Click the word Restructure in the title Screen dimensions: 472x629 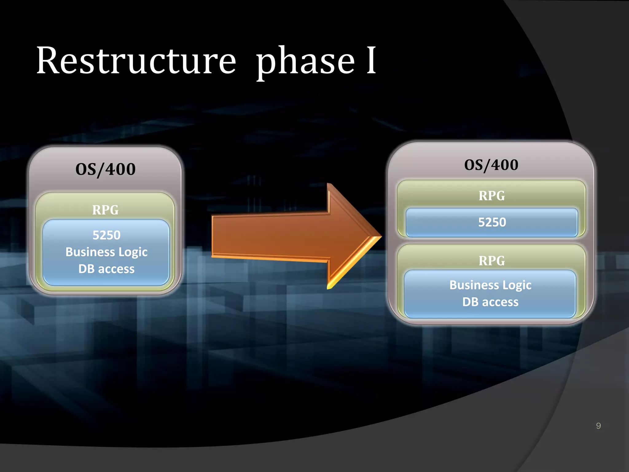coord(136,61)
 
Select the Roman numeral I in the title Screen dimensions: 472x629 coord(371,61)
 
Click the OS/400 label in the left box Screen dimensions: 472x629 coord(105,169)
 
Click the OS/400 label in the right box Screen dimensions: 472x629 coord(491,165)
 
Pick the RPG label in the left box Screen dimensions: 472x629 coord(105,210)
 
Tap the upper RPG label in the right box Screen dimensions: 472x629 coord(491,196)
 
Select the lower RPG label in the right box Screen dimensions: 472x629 coord(491,261)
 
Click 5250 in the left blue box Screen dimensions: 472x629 coord(106,235)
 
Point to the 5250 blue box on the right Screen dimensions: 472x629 coord(492,222)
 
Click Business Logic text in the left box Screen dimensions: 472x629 coord(106,252)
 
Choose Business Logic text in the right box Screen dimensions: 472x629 coord(490,285)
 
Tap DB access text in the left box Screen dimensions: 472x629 coord(106,269)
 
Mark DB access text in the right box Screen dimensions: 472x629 coord(490,302)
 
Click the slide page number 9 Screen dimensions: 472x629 coord(598,426)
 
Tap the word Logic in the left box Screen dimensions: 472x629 coord(133,252)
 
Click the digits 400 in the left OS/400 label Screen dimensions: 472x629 coord(120,169)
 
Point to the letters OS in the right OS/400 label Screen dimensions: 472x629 coord(473,165)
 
